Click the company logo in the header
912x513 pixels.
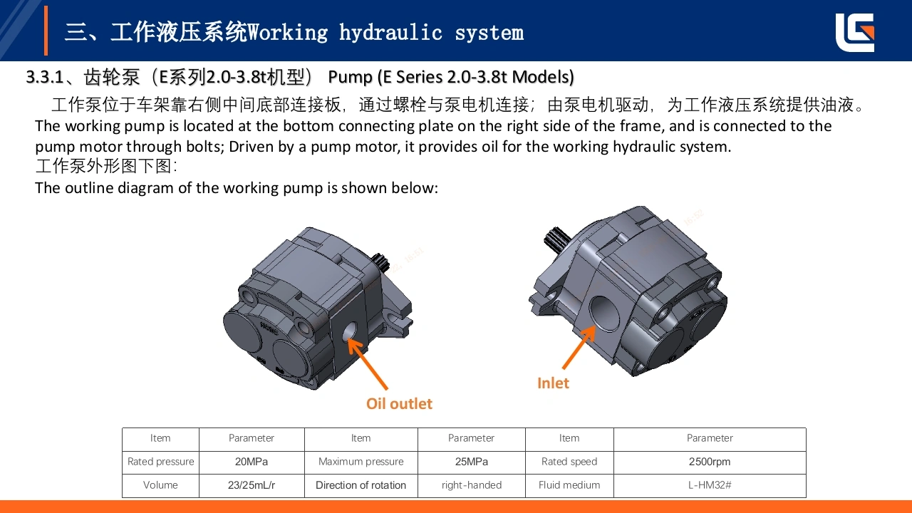click(854, 33)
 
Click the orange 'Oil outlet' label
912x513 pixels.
click(399, 403)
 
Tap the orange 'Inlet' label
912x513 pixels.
click(553, 383)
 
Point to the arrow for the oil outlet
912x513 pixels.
click(368, 363)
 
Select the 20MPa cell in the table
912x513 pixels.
click(252, 462)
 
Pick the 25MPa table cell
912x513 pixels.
click(471, 462)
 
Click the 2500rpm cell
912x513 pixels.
click(709, 462)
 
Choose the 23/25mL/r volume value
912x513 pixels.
click(252, 485)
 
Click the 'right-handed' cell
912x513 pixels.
click(471, 485)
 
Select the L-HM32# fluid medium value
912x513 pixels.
click(709, 485)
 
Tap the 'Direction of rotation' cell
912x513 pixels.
click(361, 485)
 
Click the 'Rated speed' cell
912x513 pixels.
click(569, 462)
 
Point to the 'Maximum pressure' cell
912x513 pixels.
click(361, 462)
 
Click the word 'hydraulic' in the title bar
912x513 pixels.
click(390, 33)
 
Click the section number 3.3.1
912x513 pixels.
click(45, 77)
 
